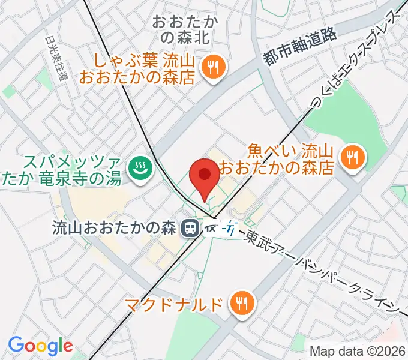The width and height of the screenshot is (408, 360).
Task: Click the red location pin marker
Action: [204, 176]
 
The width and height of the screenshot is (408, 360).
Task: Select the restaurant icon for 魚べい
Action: [351, 158]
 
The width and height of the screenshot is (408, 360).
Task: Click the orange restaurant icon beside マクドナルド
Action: [242, 302]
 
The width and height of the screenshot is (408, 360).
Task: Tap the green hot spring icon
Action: [139, 167]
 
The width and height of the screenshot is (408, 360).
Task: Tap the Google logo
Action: [40, 346]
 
